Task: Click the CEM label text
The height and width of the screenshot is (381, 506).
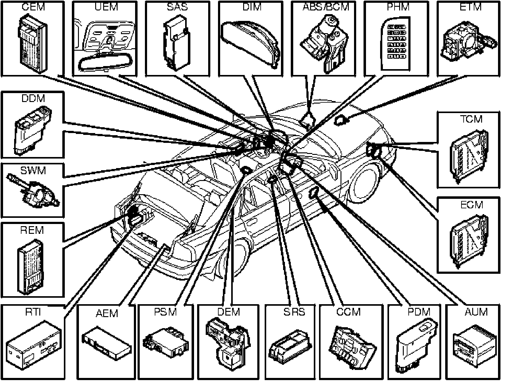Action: [33, 7]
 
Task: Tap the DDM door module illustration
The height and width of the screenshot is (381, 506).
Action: [30, 129]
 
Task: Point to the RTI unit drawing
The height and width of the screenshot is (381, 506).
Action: [34, 346]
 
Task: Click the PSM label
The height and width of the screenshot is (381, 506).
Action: [165, 312]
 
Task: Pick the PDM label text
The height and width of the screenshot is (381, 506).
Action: [419, 312]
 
